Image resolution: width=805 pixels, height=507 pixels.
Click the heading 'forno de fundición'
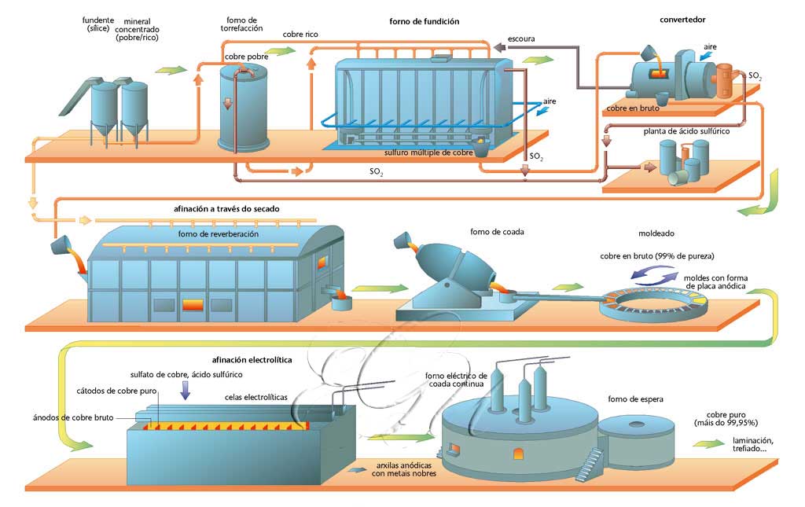(424, 21)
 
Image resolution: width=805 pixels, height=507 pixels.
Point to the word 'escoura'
(522, 39)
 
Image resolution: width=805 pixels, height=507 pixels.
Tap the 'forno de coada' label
(497, 232)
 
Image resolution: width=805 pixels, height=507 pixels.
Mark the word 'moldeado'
(657, 233)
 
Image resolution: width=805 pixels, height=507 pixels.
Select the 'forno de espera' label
(635, 399)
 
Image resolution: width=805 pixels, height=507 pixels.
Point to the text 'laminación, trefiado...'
(752, 445)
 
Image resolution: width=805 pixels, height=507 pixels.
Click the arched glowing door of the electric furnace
(517, 454)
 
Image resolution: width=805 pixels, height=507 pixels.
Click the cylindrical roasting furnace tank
(242, 109)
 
